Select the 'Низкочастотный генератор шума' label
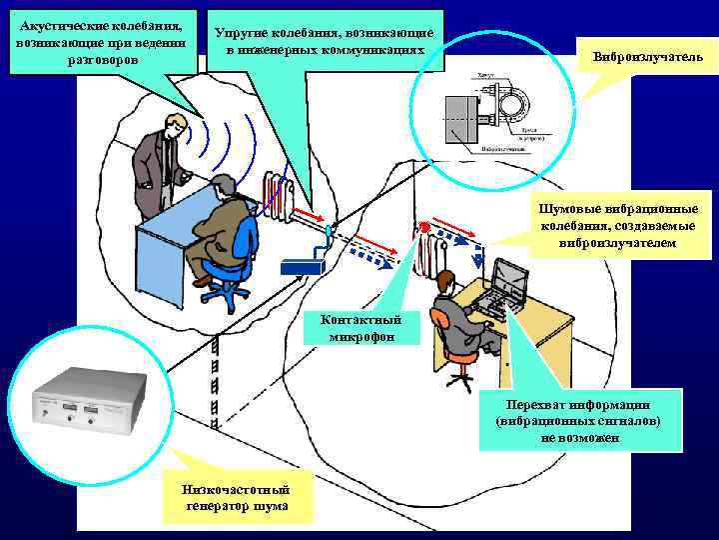tap(236, 498)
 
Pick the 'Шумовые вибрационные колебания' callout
tap(617, 225)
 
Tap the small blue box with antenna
tap(302, 265)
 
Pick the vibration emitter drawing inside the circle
tap(488, 115)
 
